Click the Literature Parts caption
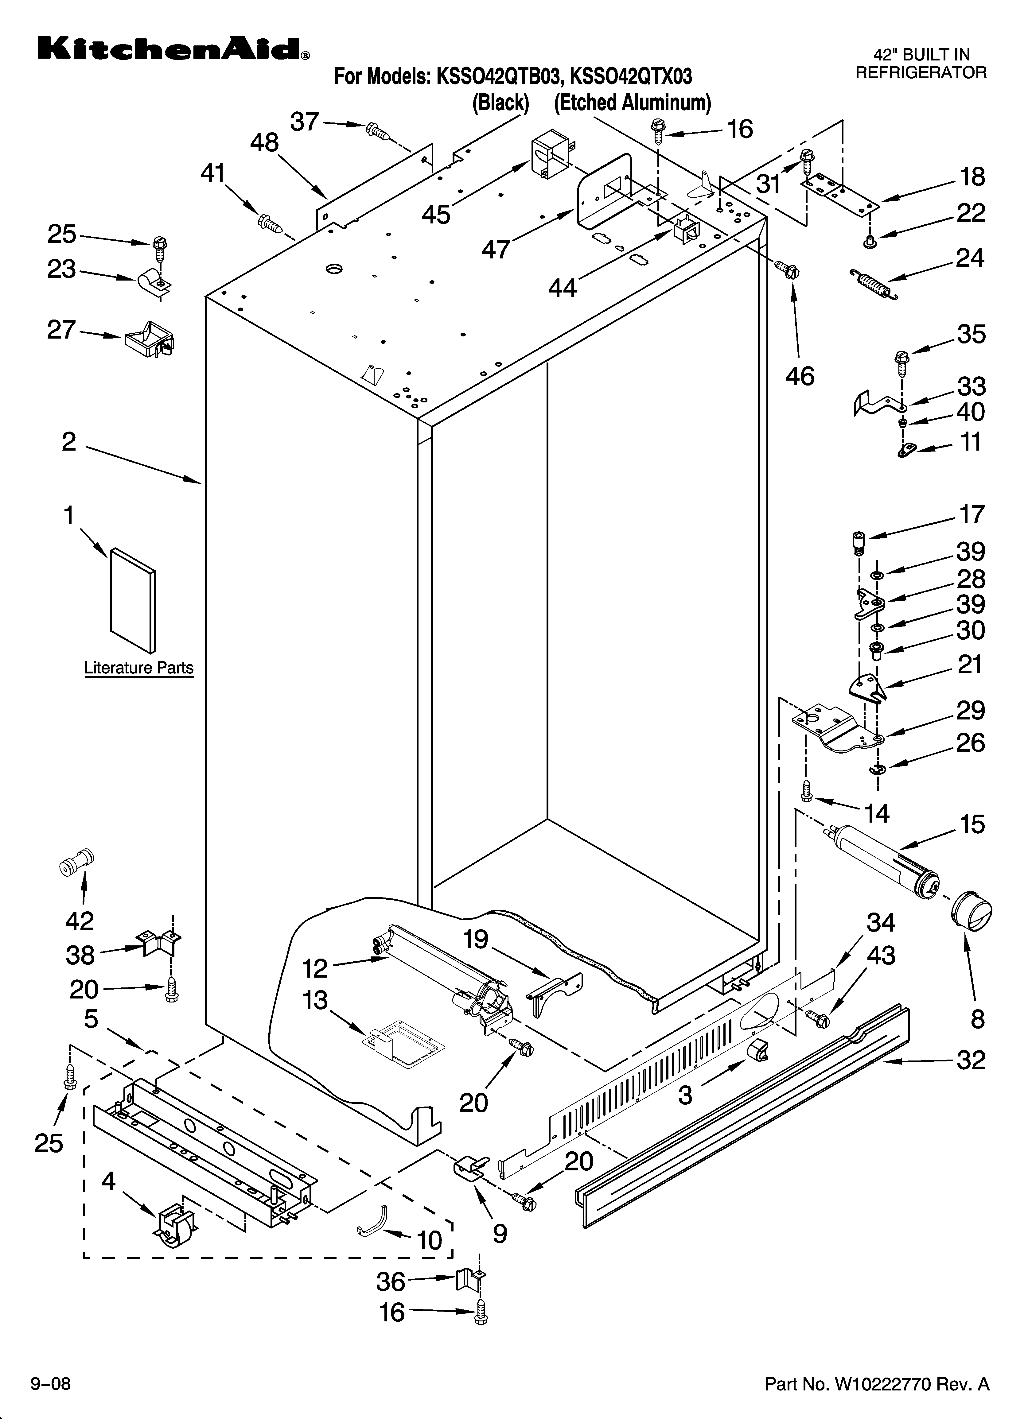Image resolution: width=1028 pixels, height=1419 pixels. click(139, 668)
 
